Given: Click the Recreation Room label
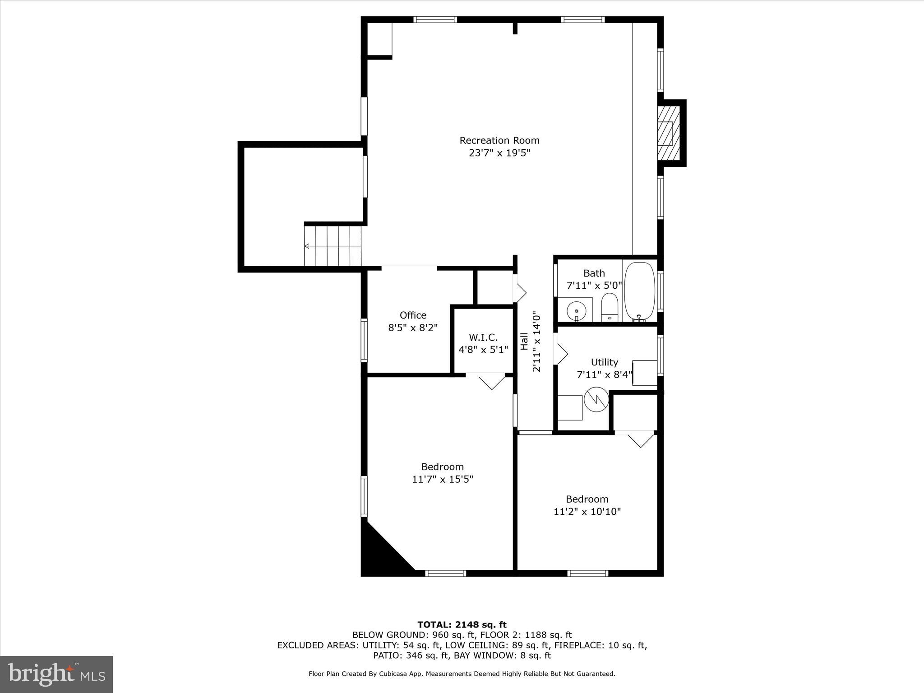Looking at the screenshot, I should pos(499,140).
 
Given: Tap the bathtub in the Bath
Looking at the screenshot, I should pos(639,291).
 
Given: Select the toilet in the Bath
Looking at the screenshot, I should pos(609,307).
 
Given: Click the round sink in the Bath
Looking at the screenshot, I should pos(577,311).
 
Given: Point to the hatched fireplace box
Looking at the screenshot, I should pos(668,133).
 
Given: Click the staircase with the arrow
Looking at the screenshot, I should pos(333,246).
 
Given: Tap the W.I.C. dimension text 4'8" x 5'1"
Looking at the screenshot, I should pos(483,349).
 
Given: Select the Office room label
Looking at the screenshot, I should pos(413,315).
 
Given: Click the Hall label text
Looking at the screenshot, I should pos(524,341).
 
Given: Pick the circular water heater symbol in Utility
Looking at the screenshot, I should pos(596,399).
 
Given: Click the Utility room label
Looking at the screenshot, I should pos(604,362).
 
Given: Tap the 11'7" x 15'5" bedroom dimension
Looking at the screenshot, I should pos(442,479).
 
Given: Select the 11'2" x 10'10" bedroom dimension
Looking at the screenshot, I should pos(587,512).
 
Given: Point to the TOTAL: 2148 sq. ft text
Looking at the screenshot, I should pos(462,624).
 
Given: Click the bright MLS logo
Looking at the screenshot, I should pos(56,674).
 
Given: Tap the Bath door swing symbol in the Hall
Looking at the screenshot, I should pos(520,293).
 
